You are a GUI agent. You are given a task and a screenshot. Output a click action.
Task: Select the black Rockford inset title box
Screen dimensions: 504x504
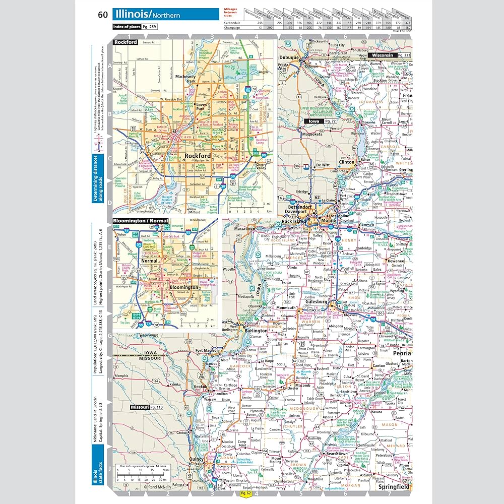point(125,42)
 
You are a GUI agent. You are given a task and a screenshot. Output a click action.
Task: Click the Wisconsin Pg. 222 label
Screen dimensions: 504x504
point(390,54)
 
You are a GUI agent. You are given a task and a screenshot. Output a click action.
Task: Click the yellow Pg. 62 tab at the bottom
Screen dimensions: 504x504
point(246,493)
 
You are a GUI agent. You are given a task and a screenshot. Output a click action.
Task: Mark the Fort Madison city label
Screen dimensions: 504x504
point(206,351)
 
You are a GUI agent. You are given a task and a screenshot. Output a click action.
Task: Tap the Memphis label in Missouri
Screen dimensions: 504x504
point(121,376)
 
